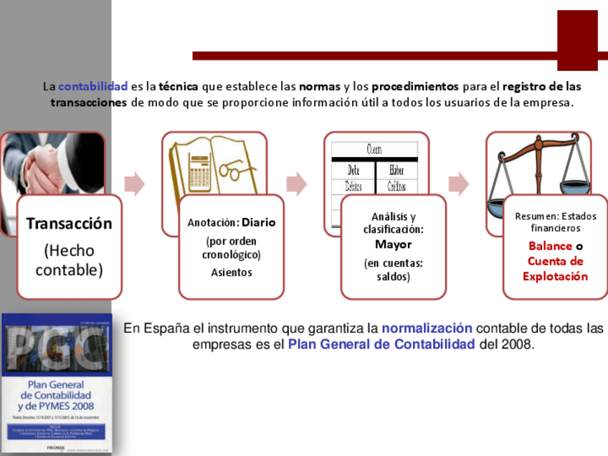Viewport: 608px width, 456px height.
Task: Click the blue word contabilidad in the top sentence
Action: [x=92, y=87]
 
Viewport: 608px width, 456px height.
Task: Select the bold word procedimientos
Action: [x=415, y=87]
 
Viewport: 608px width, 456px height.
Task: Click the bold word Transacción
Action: [x=70, y=224]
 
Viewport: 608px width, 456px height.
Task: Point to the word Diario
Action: [x=259, y=222]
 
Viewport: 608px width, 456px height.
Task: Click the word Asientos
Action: [x=232, y=272]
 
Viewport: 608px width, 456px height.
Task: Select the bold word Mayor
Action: [x=393, y=244]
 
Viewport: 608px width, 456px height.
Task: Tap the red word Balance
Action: [x=550, y=246]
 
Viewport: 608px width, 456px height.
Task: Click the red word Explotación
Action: [x=555, y=277]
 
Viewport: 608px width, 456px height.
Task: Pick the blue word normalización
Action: [x=427, y=329]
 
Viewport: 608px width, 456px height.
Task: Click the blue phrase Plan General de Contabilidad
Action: [x=381, y=345]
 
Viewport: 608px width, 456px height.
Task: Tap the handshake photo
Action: [x=50, y=165]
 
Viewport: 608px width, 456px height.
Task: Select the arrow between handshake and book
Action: [x=134, y=184]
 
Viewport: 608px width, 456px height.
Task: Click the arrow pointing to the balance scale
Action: [x=458, y=184]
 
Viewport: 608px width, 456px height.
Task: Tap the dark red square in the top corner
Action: [x=577, y=40]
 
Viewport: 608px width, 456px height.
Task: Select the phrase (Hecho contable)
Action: [x=70, y=260]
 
